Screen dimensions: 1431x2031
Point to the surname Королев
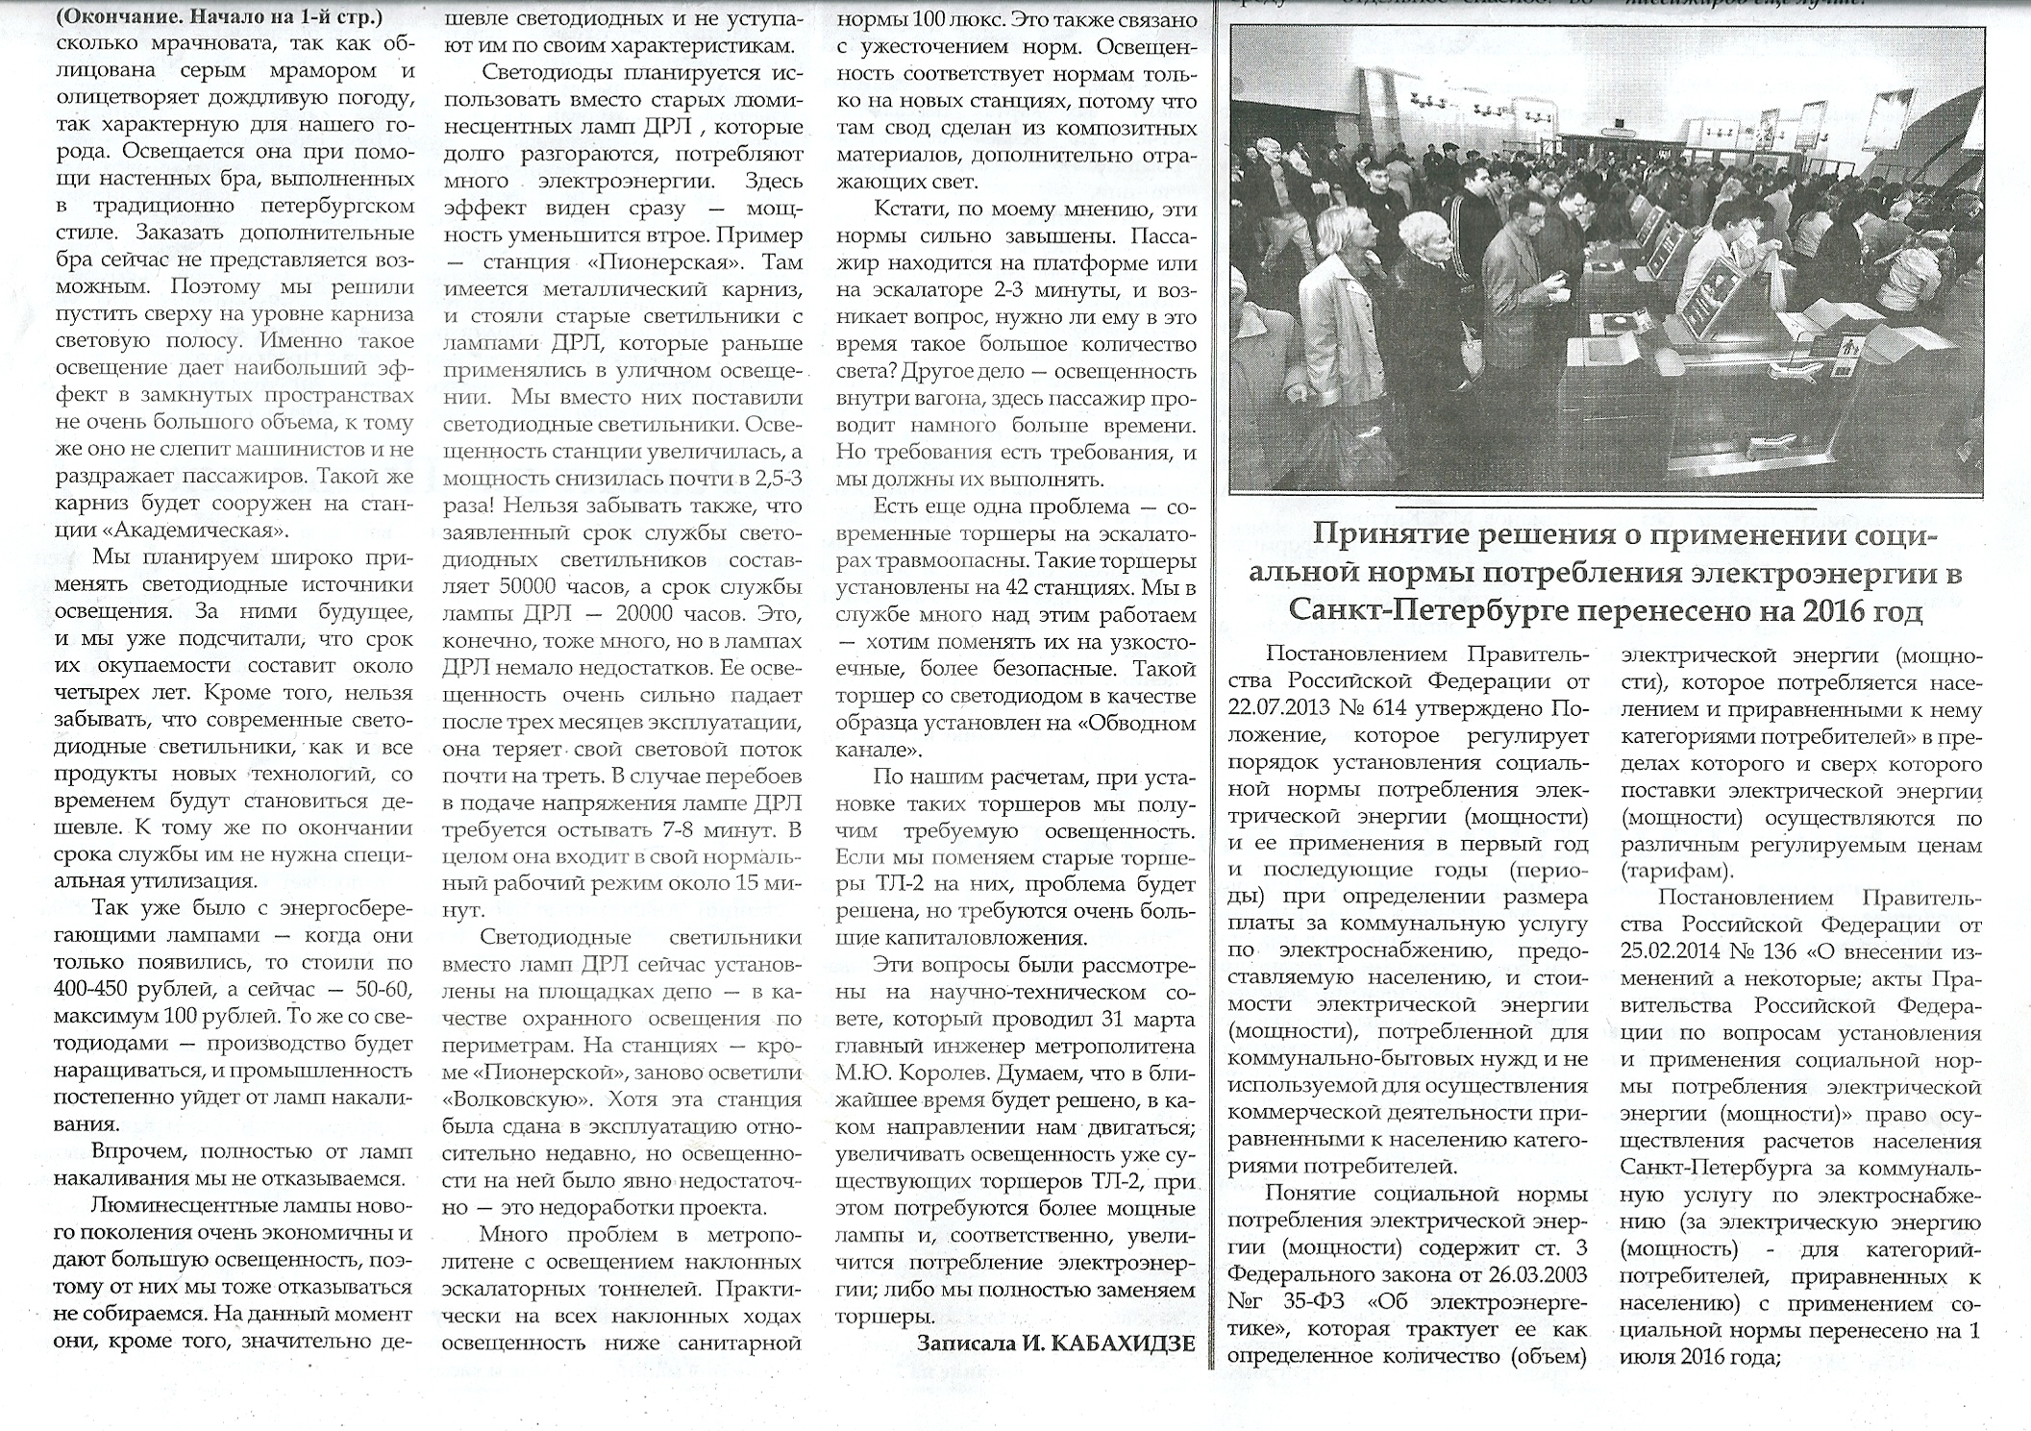click(x=946, y=1073)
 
